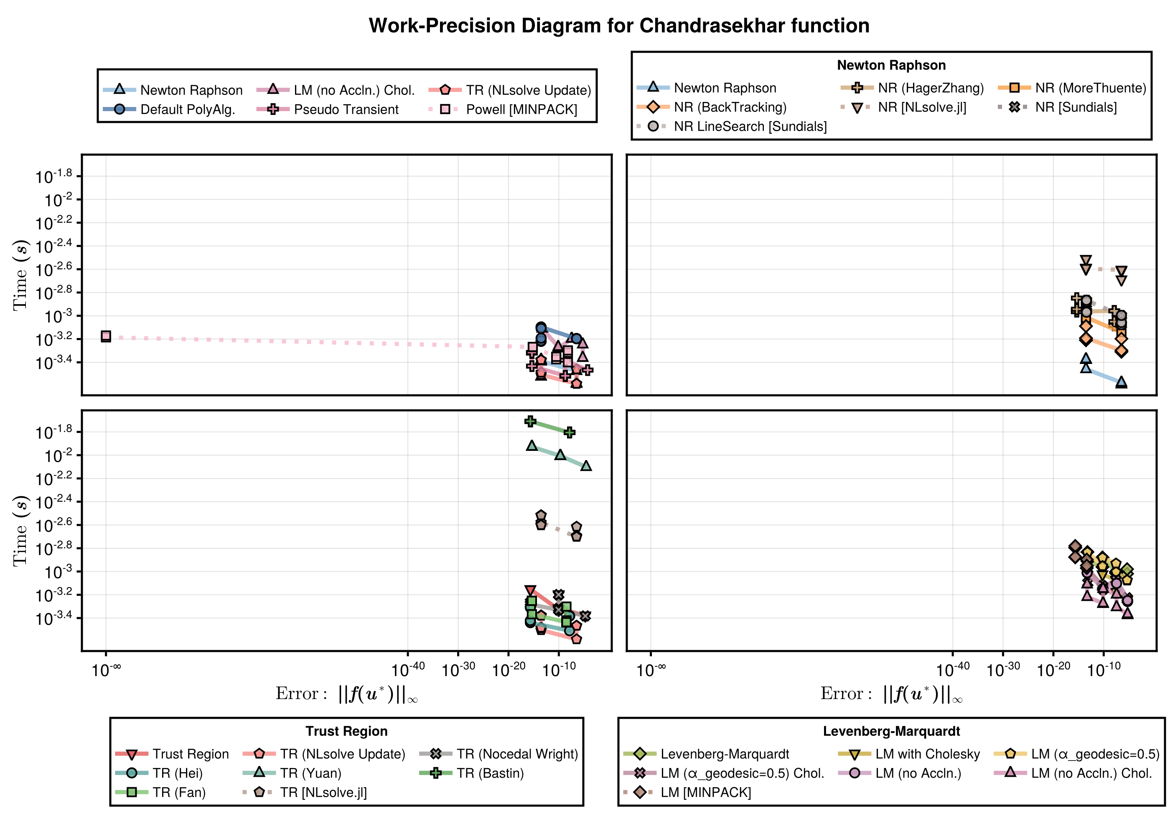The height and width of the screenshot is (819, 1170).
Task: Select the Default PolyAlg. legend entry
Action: [x=188, y=109]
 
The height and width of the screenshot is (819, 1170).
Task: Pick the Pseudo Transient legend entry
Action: [x=346, y=109]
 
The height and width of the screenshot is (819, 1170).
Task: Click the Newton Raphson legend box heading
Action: [x=891, y=65]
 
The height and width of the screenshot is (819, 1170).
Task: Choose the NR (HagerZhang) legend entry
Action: [x=931, y=88]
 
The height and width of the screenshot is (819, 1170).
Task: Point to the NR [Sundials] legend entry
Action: [x=1076, y=107]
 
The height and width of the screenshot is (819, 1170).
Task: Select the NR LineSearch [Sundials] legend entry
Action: [x=750, y=126]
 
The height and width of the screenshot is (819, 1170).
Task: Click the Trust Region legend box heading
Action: [x=346, y=731]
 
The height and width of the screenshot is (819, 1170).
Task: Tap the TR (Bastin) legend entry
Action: [x=490, y=773]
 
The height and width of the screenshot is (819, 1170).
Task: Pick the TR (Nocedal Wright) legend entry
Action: [x=517, y=754]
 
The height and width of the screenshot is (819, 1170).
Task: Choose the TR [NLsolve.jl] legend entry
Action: [x=323, y=793]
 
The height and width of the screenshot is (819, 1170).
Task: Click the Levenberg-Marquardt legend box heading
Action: [x=891, y=731]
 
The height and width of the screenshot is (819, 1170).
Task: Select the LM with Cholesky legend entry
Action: [x=928, y=754]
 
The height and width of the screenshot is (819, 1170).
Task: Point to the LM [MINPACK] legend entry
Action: [x=705, y=793]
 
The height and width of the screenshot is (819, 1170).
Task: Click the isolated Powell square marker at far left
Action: [x=106, y=336]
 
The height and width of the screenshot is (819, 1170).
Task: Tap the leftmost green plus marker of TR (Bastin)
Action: [x=531, y=422]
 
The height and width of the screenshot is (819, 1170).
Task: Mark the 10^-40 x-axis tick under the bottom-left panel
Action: [x=408, y=668]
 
